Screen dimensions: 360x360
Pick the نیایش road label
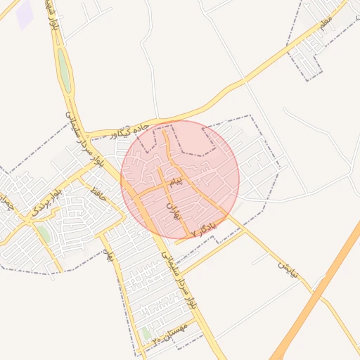(284, 267)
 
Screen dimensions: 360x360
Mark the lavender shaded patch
(25, 15)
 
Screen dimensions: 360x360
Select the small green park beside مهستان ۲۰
(146, 333)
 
